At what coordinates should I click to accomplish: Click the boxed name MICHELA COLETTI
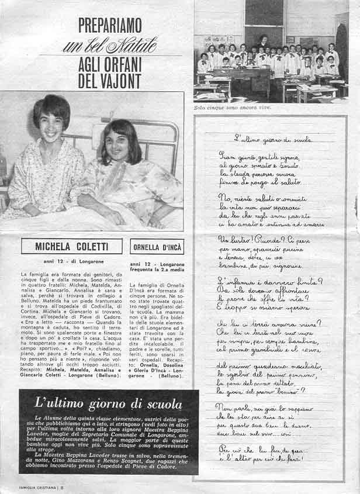71,246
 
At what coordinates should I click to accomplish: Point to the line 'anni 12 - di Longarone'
71,261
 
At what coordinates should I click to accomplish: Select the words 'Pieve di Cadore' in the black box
146,463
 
